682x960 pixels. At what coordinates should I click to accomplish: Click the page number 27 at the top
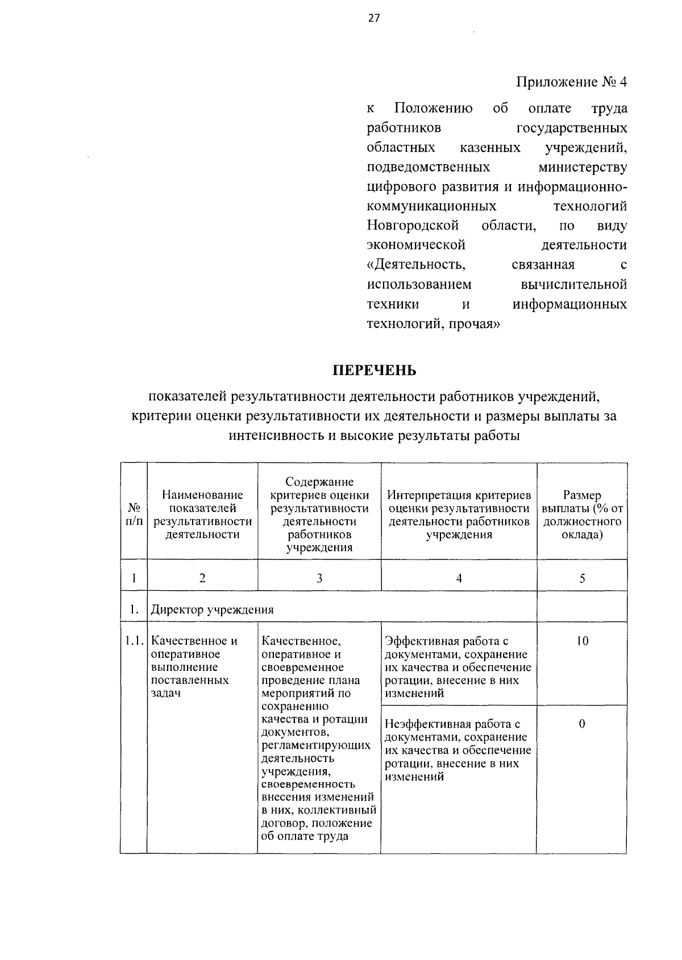(373, 18)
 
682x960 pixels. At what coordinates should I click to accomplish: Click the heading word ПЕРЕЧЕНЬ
(375, 370)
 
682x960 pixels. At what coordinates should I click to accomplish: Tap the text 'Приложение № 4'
(571, 82)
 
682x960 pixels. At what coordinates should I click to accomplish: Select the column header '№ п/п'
(134, 514)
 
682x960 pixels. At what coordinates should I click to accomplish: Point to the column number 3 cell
(319, 578)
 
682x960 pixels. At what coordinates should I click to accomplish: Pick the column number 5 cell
(582, 578)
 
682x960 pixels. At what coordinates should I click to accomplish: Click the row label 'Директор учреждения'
(212, 610)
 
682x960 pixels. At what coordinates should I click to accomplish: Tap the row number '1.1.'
(134, 641)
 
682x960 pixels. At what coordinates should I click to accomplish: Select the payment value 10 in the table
(582, 641)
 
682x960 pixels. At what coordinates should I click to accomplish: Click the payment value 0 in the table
(582, 724)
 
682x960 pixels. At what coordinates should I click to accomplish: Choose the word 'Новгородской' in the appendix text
(413, 226)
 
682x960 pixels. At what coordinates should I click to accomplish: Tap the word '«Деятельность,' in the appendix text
(417, 265)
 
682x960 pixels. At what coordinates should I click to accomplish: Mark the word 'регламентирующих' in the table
(315, 745)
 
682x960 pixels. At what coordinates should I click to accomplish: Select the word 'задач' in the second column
(166, 693)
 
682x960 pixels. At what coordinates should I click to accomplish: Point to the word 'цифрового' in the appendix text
(400, 186)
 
